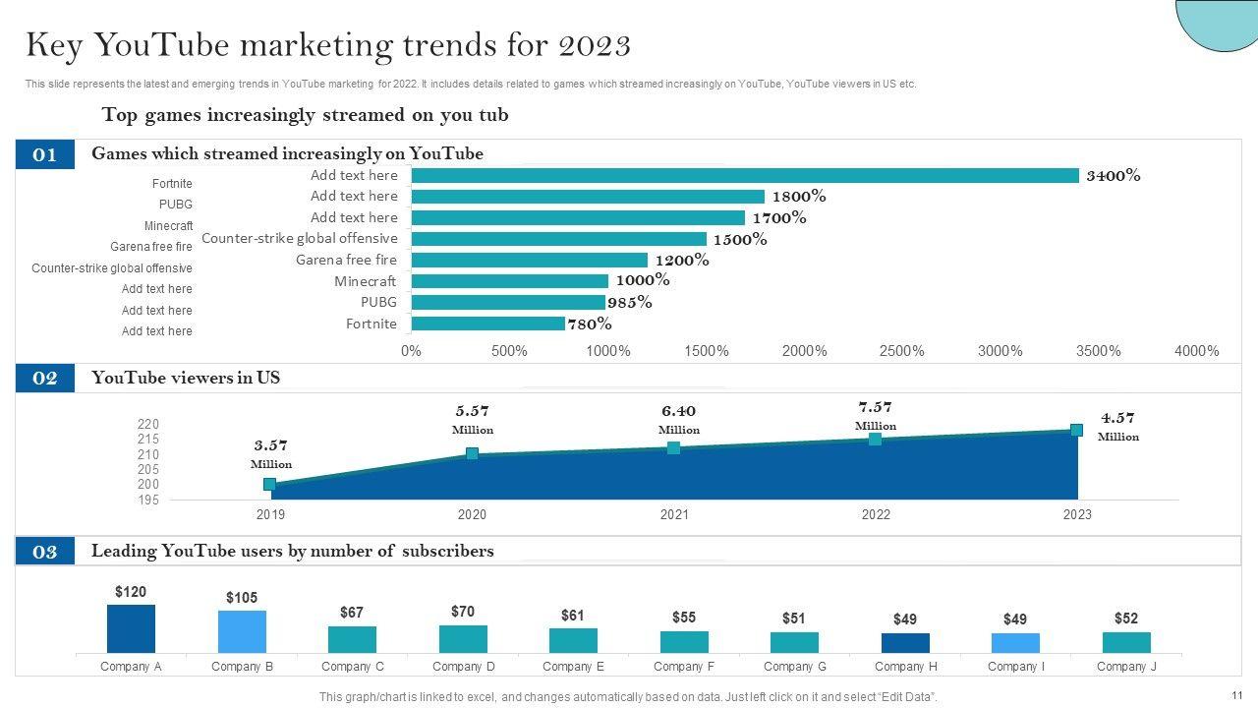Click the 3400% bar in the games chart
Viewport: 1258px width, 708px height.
tap(745, 175)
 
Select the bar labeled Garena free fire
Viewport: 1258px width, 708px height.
tap(530, 260)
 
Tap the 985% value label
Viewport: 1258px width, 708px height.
tap(630, 302)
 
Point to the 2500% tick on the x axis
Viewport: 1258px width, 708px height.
tap(902, 351)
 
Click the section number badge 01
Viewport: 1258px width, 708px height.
tap(45, 154)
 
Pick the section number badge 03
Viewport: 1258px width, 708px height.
tap(45, 552)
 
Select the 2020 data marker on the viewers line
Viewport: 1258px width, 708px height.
tap(472, 453)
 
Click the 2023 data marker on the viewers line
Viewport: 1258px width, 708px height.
tap(1076, 430)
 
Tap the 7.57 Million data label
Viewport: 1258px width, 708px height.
tap(875, 415)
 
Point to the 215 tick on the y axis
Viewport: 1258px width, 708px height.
tap(148, 440)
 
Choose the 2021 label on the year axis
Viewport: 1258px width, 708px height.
tap(674, 514)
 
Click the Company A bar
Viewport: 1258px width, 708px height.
tap(131, 628)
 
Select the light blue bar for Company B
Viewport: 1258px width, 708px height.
tap(242, 631)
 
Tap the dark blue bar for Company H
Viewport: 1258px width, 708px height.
tap(905, 643)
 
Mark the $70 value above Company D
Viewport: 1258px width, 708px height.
tap(463, 612)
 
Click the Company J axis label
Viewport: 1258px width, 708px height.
tap(1126, 667)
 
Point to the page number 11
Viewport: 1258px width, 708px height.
tap(1237, 695)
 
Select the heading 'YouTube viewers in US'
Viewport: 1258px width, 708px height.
tap(186, 378)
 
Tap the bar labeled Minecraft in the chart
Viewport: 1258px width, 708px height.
tap(510, 281)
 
